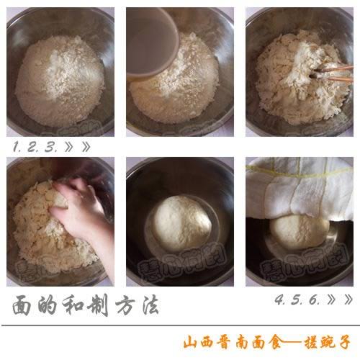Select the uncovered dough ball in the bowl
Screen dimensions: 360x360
[182, 222]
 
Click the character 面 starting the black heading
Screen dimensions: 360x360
[23, 305]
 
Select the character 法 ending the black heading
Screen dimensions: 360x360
[146, 305]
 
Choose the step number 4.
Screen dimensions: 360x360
[279, 299]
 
